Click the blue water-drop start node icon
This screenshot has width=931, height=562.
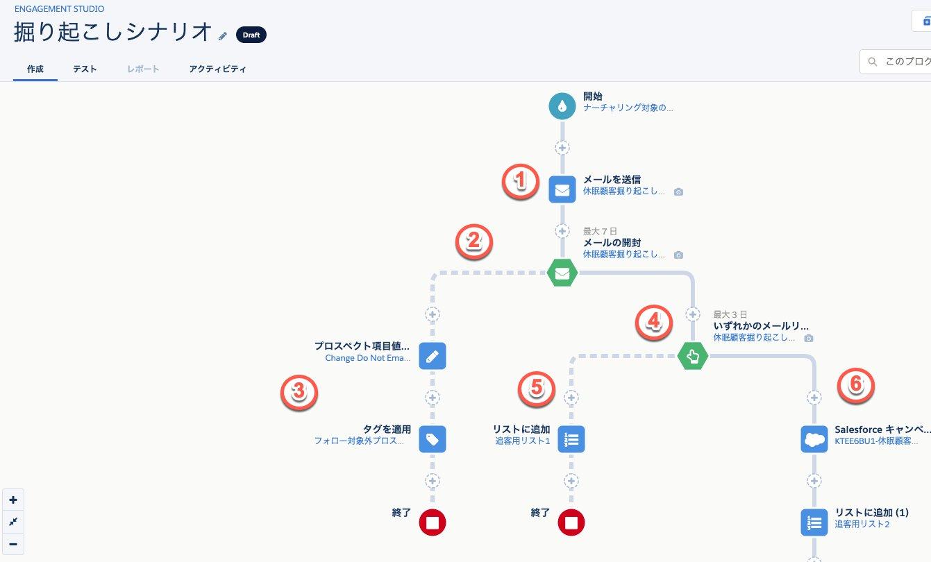[x=562, y=106]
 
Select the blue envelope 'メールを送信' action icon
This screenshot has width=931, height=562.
[x=562, y=189]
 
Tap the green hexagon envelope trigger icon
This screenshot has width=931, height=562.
[x=562, y=273]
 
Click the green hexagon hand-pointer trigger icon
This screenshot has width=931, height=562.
[x=692, y=357]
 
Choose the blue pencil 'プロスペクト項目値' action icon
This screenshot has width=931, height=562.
[x=433, y=356]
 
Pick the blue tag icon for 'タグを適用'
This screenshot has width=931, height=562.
[x=433, y=439]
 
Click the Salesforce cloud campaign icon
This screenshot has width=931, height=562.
[x=814, y=439]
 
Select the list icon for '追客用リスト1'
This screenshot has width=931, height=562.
[x=571, y=439]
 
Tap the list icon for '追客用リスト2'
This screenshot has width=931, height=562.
[x=814, y=522]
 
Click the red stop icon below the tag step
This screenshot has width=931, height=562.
[x=433, y=522]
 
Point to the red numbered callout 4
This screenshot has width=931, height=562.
[x=655, y=323]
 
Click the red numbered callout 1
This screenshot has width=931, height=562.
[x=520, y=182]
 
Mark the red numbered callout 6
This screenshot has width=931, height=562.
[x=856, y=384]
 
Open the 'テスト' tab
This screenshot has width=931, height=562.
[x=85, y=69]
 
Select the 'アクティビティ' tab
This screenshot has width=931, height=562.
[x=217, y=69]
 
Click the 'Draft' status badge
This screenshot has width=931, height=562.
[x=251, y=35]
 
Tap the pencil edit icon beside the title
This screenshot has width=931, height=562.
[x=223, y=35]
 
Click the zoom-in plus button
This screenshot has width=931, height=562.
[x=13, y=500]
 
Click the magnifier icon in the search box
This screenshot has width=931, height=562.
[x=872, y=62]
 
